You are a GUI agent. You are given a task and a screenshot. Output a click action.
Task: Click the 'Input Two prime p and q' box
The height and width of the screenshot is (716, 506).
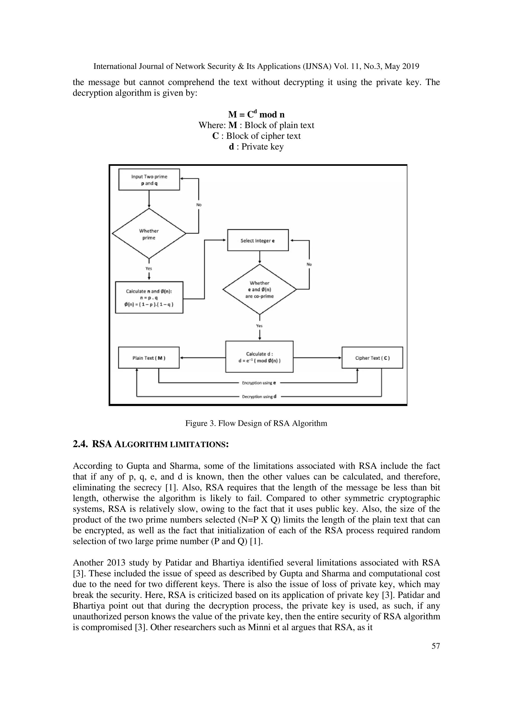coord(149,180)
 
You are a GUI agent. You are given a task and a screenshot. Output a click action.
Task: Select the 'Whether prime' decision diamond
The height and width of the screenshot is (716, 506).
coord(149,234)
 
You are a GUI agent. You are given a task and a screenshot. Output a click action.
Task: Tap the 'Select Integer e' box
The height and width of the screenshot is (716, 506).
coord(258,240)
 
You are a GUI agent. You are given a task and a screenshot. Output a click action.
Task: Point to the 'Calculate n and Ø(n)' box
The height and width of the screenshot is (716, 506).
coord(149,297)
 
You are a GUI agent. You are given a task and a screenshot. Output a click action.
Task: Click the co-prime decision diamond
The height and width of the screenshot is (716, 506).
coord(259,289)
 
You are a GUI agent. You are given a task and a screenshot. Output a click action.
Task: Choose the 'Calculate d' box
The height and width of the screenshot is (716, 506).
coord(259,357)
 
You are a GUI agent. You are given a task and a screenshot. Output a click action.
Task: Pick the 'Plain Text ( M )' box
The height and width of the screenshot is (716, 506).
coord(149,358)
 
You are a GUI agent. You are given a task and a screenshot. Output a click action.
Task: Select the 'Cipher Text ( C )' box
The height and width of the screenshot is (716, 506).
coord(372,358)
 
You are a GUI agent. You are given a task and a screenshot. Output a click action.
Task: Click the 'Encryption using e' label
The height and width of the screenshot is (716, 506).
coord(257,383)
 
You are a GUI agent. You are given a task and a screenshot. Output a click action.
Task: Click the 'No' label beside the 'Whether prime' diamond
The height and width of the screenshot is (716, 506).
coord(199,205)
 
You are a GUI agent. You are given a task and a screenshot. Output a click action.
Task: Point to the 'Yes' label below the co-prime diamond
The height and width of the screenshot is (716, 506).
coord(259,326)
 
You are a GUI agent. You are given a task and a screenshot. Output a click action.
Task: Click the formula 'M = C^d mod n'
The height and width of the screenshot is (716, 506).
coord(256,114)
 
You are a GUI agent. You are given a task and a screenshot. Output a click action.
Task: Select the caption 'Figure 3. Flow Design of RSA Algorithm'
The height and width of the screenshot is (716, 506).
coord(256,423)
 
